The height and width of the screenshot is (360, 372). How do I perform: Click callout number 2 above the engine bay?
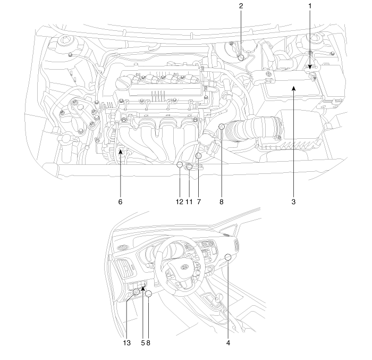tap(241, 6)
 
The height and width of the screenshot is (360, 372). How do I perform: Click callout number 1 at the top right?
tap(310, 6)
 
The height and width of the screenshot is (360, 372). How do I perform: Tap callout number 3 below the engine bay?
tap(293, 202)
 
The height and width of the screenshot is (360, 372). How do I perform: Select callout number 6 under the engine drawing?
tap(120, 202)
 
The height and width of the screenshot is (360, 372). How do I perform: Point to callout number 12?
tap(180, 202)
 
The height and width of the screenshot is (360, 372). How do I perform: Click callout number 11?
tap(189, 202)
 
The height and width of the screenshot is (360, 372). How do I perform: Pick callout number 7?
tap(199, 202)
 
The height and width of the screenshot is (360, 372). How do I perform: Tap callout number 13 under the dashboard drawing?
tap(127, 343)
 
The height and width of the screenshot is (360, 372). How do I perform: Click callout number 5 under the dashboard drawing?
tap(143, 343)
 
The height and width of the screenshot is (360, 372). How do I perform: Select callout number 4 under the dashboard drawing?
tap(228, 343)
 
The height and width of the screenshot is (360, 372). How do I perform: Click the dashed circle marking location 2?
tap(241, 57)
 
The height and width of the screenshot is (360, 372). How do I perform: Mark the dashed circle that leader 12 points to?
tap(180, 164)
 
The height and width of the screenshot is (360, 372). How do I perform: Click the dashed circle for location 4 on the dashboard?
tap(228, 257)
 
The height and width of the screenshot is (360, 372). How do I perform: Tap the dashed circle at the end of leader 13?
tap(137, 292)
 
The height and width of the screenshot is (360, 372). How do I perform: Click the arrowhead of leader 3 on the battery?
tap(293, 89)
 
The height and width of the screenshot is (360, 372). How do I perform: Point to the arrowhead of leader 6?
tap(121, 152)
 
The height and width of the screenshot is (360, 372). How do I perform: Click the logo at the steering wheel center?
tap(184, 267)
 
